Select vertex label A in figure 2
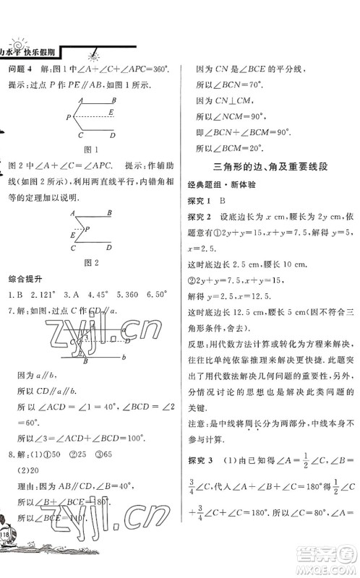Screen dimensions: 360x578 72,212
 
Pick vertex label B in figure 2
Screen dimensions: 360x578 108,212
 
